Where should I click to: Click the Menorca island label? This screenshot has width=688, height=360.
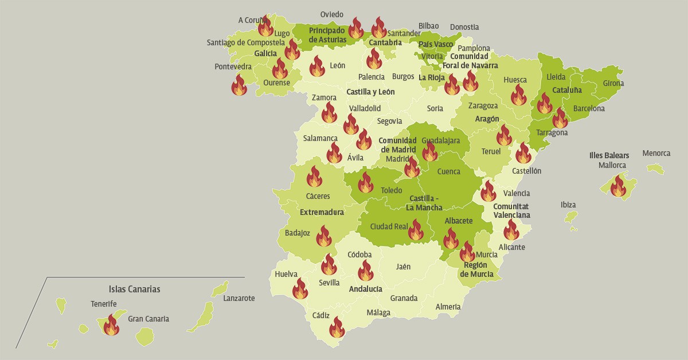[656, 153]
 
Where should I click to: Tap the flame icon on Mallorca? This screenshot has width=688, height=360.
[618, 186]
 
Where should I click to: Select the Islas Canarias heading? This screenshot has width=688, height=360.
[134, 289]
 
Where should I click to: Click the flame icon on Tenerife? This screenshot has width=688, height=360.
[111, 325]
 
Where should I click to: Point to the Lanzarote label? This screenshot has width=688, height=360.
[239, 298]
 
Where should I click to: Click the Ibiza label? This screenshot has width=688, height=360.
[568, 205]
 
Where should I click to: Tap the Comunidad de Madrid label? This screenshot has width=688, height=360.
[397, 145]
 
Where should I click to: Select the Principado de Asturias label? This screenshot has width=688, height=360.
[327, 35]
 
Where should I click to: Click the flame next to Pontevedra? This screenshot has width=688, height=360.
[239, 85]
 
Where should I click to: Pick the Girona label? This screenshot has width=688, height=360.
[613, 83]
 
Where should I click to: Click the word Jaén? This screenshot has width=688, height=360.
[403, 267]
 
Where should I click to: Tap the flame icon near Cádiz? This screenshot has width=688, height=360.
[337, 327]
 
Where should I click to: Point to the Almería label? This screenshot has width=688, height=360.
[448, 307]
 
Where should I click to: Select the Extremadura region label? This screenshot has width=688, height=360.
[322, 212]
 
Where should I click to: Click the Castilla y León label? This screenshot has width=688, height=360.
[370, 92]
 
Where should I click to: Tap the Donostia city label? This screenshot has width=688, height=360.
[464, 27]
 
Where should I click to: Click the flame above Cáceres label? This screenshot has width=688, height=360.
[314, 177]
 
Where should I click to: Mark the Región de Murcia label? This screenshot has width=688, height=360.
[476, 269]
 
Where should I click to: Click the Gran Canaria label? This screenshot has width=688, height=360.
[148, 319]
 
